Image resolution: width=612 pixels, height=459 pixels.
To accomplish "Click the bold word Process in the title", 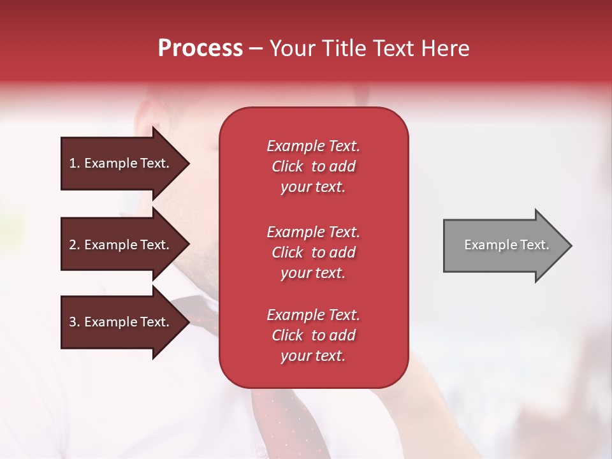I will pyautogui.click(x=200, y=48).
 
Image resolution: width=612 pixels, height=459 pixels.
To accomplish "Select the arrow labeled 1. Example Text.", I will pyautogui.click(x=121, y=163).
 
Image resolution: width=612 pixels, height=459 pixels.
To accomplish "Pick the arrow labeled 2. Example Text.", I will pyautogui.click(x=121, y=245).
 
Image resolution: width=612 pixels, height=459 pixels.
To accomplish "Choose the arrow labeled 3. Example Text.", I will pyautogui.click(x=121, y=322).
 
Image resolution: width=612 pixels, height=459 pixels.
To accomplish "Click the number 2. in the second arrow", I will pyautogui.click(x=75, y=245).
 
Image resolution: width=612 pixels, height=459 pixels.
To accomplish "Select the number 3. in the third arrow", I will pyautogui.click(x=75, y=322).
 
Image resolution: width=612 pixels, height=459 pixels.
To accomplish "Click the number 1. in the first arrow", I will pyautogui.click(x=75, y=163).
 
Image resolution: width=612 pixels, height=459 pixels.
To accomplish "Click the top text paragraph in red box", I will pyautogui.click(x=313, y=166).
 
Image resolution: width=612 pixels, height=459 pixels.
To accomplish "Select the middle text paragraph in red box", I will pyautogui.click(x=313, y=252).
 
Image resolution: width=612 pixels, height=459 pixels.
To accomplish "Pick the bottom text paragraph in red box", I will pyautogui.click(x=313, y=335).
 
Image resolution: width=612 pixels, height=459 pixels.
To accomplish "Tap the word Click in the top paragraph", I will pyautogui.click(x=288, y=166).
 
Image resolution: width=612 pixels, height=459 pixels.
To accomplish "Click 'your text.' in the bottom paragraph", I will pyautogui.click(x=313, y=356).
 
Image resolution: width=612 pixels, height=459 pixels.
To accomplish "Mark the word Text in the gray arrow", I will pyautogui.click(x=534, y=245).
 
